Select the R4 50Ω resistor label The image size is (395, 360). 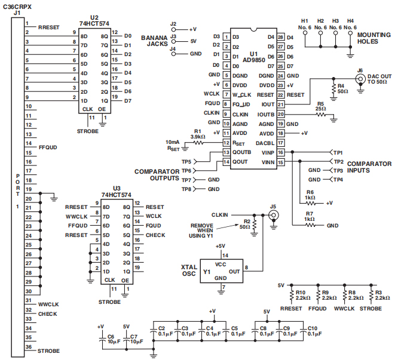click(x=341, y=89)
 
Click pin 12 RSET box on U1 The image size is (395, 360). click(x=226, y=143)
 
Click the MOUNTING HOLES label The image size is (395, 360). click(x=373, y=39)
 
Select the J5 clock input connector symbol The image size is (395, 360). click(x=273, y=215)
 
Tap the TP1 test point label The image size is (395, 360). click(x=338, y=152)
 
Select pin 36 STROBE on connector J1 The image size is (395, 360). click(x=28, y=347)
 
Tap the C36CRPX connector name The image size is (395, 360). click(x=16, y=5)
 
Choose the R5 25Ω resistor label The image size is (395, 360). click(x=320, y=106)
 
